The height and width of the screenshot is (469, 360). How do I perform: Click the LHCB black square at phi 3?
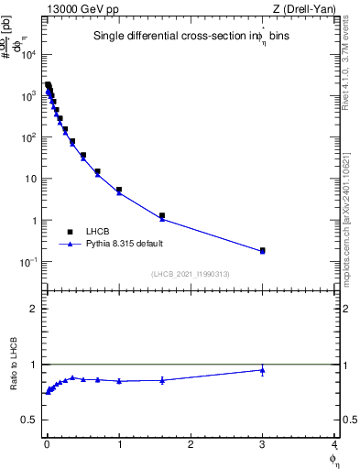click(262, 250)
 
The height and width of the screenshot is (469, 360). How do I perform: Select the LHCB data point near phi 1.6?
click(161, 216)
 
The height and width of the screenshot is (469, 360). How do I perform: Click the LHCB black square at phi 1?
click(119, 190)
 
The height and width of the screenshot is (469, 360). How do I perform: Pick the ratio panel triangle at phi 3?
click(262, 370)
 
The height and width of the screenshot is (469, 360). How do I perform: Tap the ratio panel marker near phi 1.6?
click(161, 380)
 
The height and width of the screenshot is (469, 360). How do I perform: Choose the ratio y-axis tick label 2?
click(33, 309)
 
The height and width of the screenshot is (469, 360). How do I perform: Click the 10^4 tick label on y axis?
click(28, 54)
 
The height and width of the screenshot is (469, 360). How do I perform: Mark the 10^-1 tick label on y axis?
click(28, 262)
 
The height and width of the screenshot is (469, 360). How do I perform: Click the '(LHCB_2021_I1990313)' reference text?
click(190, 274)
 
